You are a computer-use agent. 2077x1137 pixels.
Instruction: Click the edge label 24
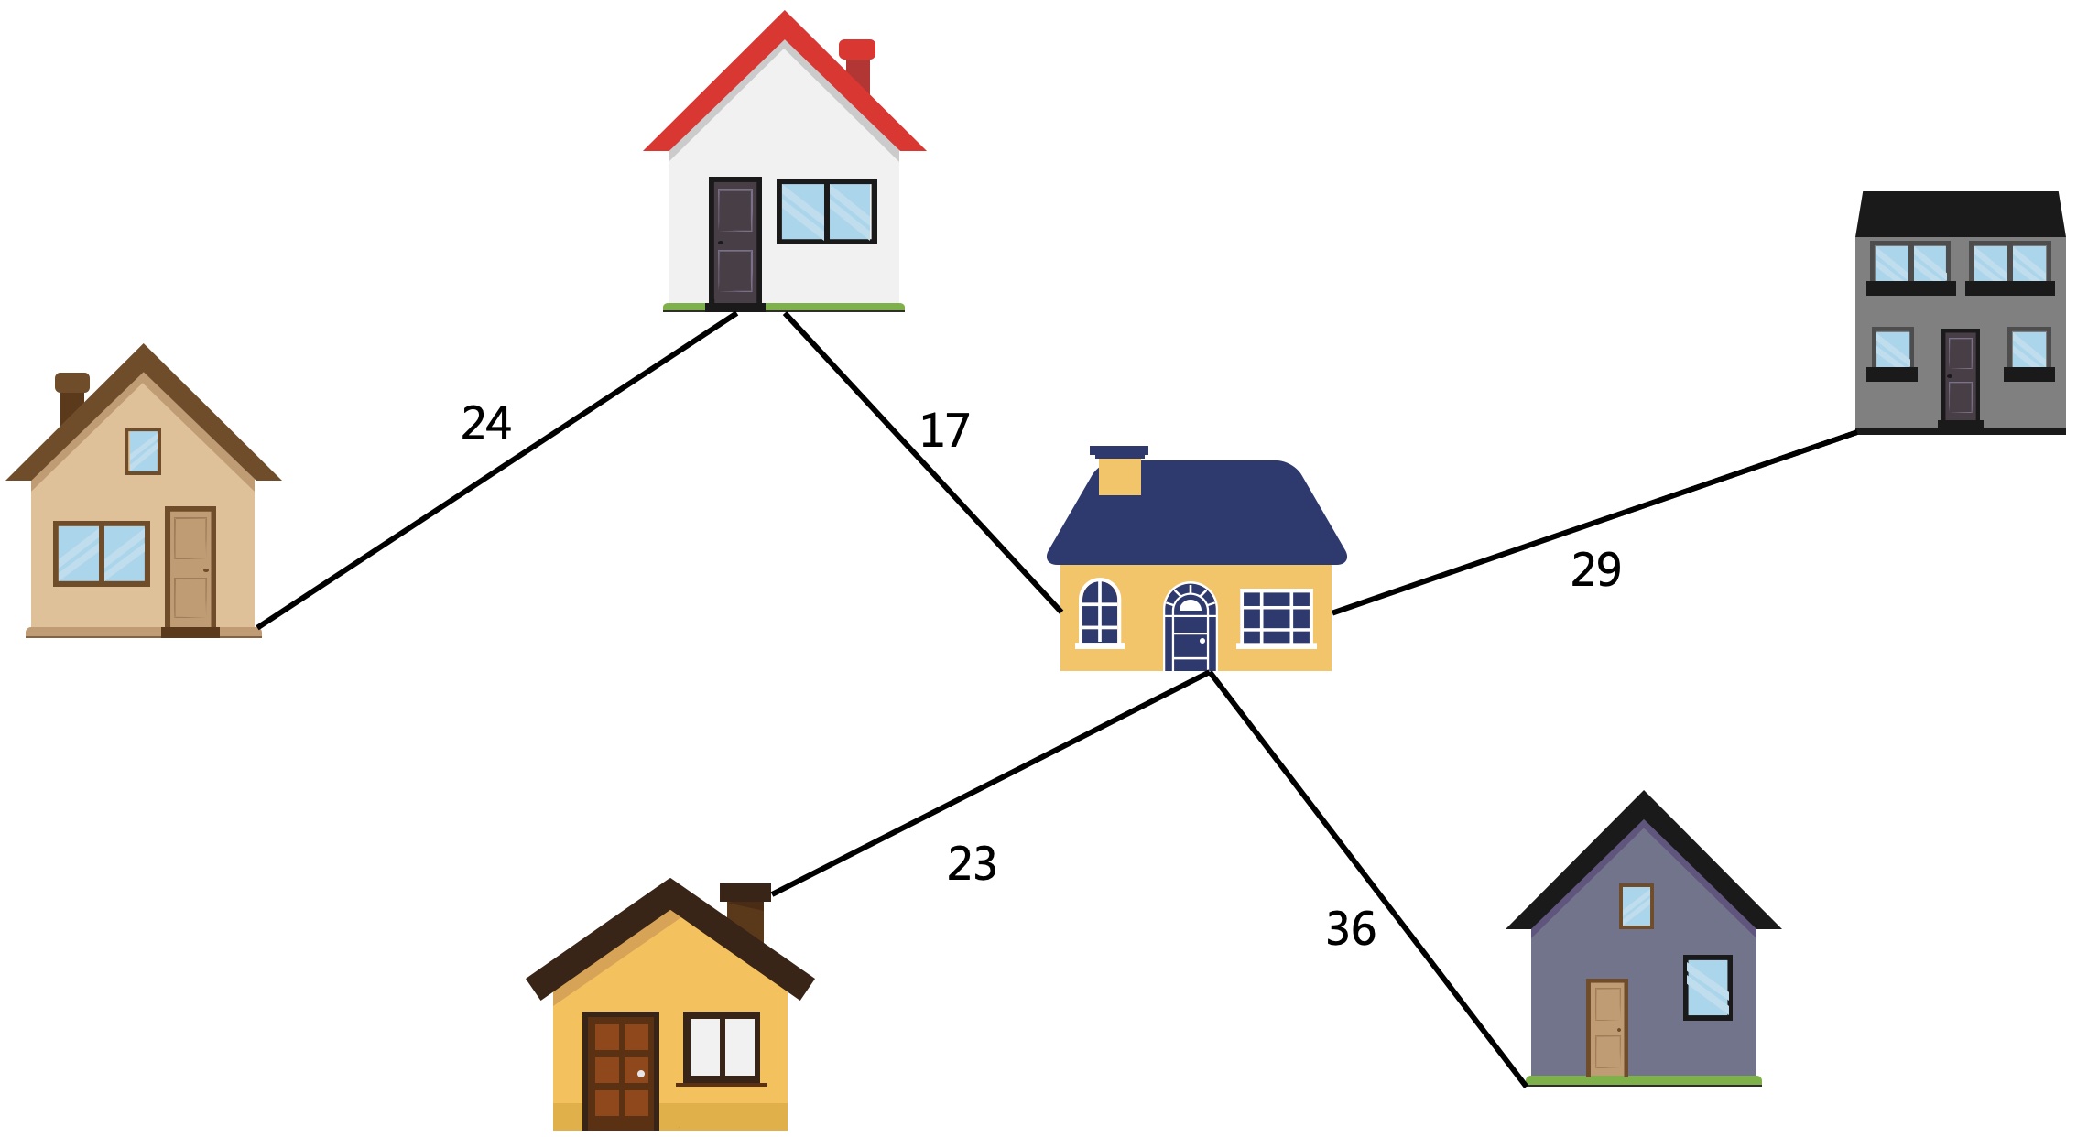(486, 423)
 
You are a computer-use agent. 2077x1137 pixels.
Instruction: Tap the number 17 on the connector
(944, 430)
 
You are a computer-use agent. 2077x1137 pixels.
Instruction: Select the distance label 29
(1596, 569)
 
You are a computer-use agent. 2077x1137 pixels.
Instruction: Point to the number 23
(972, 863)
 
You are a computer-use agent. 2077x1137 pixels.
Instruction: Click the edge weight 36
(1351, 928)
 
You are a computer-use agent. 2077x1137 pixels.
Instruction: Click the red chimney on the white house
(857, 64)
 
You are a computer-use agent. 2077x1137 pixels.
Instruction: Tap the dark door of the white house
(735, 241)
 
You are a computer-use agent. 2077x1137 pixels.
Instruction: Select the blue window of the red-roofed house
(827, 211)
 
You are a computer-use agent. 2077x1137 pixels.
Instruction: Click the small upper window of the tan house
(143, 451)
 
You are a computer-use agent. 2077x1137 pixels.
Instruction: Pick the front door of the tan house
(190, 568)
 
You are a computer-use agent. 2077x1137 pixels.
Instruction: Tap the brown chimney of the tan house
(71, 397)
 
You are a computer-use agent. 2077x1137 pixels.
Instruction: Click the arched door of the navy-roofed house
(1190, 629)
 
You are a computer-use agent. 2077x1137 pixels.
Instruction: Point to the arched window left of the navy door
(1100, 612)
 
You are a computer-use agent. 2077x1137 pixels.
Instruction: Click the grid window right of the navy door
(1277, 618)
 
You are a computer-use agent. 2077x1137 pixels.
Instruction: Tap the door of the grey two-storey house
(1961, 376)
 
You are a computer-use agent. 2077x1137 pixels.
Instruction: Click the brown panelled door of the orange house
(621, 1070)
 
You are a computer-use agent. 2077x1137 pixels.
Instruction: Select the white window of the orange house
(722, 1047)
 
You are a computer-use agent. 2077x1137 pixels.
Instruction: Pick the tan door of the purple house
(1607, 1027)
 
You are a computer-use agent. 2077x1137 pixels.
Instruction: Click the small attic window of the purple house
(1637, 906)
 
